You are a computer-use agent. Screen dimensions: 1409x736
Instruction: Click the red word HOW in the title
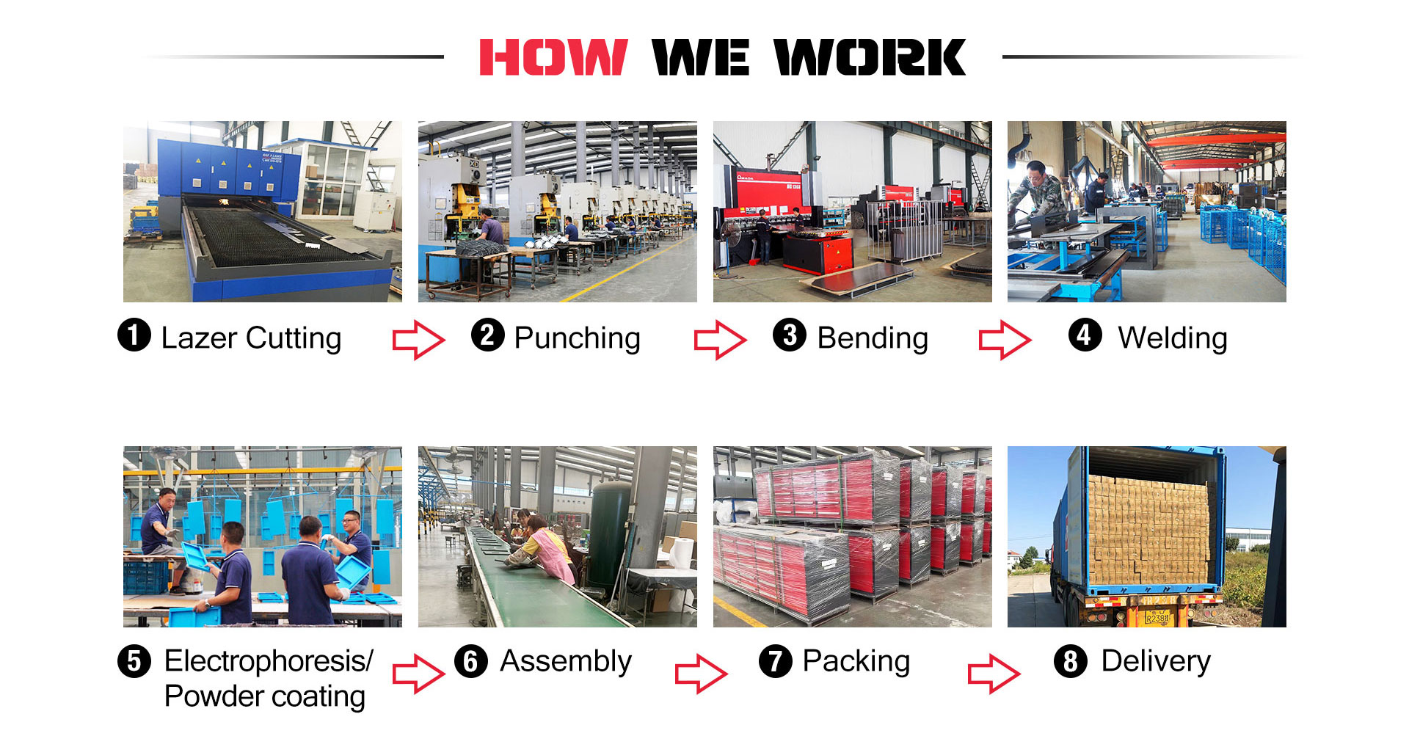(553, 57)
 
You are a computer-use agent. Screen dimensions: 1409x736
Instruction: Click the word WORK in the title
(870, 57)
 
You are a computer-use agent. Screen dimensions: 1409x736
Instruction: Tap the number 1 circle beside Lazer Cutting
(134, 336)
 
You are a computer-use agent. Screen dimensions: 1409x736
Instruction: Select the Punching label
(577, 338)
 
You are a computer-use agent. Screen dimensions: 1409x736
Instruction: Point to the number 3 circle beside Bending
(790, 336)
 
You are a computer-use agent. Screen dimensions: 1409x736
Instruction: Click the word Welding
(1172, 338)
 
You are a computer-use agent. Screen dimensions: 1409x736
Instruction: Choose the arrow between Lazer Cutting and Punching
(418, 340)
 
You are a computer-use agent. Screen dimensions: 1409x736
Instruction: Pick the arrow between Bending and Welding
(1005, 340)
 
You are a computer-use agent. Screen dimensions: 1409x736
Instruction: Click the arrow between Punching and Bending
(721, 340)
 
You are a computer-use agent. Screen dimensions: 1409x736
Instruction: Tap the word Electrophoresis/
(269, 661)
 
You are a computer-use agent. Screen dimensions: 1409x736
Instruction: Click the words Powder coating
(264, 696)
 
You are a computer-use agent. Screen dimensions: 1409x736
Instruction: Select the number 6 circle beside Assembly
(471, 661)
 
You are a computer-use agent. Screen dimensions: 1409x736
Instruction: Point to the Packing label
(856, 661)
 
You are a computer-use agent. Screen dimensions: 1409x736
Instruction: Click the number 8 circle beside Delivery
(1071, 661)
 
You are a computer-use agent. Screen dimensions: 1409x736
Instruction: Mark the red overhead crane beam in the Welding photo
(1216, 139)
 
